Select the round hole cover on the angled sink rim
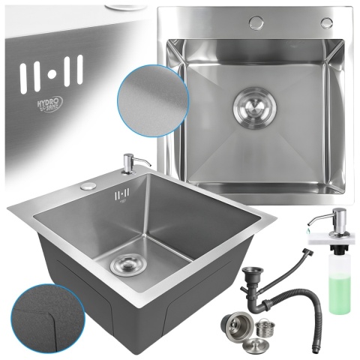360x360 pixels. click(89, 185)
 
